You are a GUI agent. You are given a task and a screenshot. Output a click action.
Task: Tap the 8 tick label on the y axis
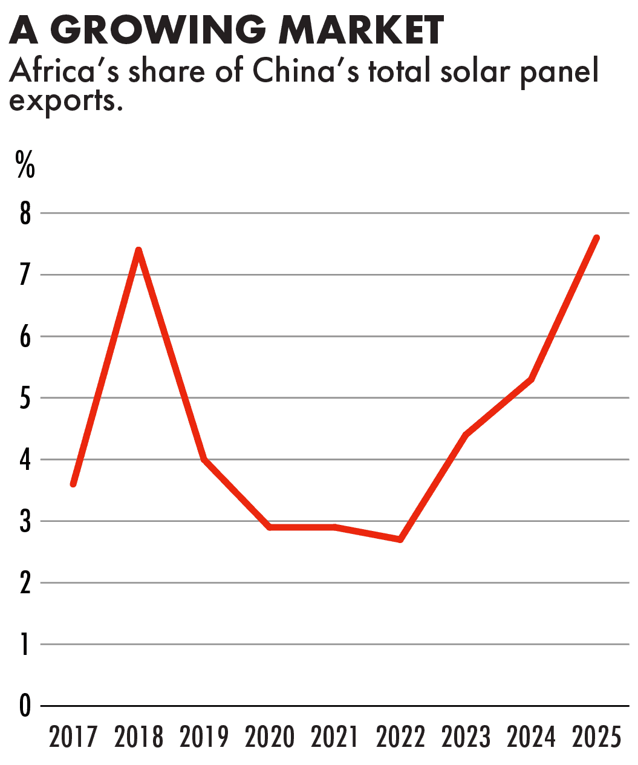(x=25, y=213)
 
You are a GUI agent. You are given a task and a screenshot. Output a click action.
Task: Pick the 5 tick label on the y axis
(x=25, y=399)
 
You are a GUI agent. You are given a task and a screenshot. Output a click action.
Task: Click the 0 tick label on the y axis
(x=25, y=706)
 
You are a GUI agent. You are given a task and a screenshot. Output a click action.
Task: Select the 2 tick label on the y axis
(x=25, y=583)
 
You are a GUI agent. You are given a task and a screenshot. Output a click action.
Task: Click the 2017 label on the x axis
(x=73, y=737)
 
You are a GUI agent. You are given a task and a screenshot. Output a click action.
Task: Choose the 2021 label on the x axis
(x=335, y=737)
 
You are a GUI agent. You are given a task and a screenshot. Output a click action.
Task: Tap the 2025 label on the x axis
(x=597, y=737)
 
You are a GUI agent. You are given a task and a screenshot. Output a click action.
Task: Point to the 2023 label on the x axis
(x=466, y=737)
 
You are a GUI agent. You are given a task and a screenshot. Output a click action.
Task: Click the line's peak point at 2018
(x=138, y=250)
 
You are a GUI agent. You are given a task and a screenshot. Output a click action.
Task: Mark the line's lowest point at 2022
(x=400, y=539)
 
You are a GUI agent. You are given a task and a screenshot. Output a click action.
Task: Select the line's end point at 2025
(x=597, y=238)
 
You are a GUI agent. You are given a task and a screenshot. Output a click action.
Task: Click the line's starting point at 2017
(x=73, y=484)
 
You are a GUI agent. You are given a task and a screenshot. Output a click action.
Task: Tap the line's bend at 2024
(x=531, y=380)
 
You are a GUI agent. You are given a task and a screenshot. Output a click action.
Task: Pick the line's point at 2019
(x=204, y=460)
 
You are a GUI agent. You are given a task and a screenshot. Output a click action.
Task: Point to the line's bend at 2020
(x=270, y=527)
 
